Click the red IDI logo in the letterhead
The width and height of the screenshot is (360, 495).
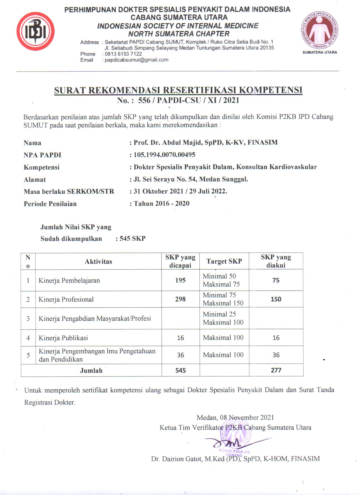point(35,31)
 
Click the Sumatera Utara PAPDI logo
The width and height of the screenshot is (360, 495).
point(320,30)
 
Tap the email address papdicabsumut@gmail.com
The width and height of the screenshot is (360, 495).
point(136,60)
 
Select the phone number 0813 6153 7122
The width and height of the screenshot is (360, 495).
point(123,54)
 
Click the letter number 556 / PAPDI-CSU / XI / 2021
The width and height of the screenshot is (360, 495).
point(188,100)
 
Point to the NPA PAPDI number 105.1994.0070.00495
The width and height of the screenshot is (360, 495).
point(164,155)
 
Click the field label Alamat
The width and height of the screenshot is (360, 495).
point(35,179)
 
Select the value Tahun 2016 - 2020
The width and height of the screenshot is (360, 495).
point(162,203)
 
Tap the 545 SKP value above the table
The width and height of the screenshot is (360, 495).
point(132,238)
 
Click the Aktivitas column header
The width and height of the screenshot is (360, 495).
point(98,261)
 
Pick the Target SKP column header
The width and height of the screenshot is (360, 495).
point(224,261)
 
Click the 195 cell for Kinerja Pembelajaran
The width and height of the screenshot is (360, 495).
point(180,280)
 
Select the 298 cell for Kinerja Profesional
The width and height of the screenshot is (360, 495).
point(180,299)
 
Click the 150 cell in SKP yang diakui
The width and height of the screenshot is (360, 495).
point(276,299)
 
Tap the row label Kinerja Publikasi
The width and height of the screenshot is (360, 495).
point(63,338)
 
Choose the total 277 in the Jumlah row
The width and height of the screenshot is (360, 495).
point(276,370)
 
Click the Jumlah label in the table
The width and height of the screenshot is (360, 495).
point(91,371)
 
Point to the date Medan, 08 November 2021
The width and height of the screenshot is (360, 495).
point(235,417)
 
